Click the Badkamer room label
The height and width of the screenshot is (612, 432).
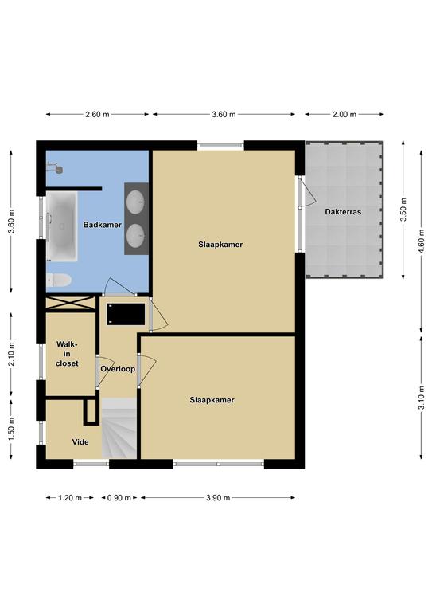tap(102, 225)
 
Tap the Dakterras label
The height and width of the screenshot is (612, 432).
tap(343, 212)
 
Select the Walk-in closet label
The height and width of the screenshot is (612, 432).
tap(67, 354)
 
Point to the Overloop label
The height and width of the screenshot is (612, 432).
tap(118, 369)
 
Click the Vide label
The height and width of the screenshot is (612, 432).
tap(80, 441)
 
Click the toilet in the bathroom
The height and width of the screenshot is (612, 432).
tap(59, 280)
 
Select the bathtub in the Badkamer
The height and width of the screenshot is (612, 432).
tap(61, 226)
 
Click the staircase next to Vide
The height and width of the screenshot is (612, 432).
tap(119, 428)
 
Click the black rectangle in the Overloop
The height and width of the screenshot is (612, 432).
tap(126, 314)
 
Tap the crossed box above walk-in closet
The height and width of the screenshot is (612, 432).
tap(71, 304)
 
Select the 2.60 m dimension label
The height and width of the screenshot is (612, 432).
tap(97, 115)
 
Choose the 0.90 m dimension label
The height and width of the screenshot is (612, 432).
tap(119, 497)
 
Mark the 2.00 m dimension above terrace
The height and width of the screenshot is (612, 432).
tap(344, 115)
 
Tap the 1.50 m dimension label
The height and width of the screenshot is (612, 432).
tap(11, 429)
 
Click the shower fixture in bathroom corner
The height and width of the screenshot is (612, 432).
tap(55, 168)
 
